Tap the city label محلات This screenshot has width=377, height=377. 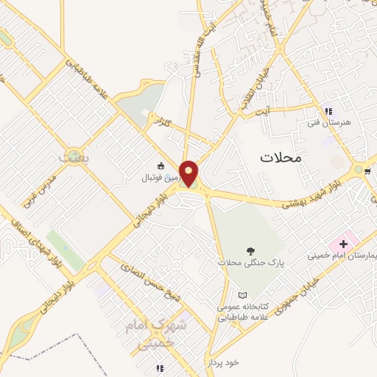tap(282, 157)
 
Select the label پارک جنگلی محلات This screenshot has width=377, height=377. tap(250, 262)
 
